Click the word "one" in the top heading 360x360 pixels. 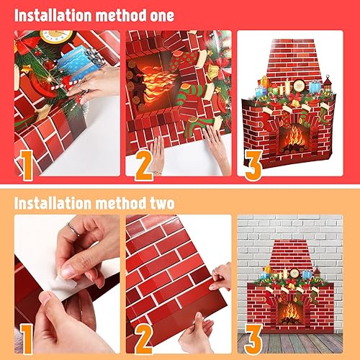(x=155, y=14)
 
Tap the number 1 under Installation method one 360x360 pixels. (x=27, y=163)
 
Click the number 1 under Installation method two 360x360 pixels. (x=27, y=338)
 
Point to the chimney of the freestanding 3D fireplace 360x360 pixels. (x=295, y=61)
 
